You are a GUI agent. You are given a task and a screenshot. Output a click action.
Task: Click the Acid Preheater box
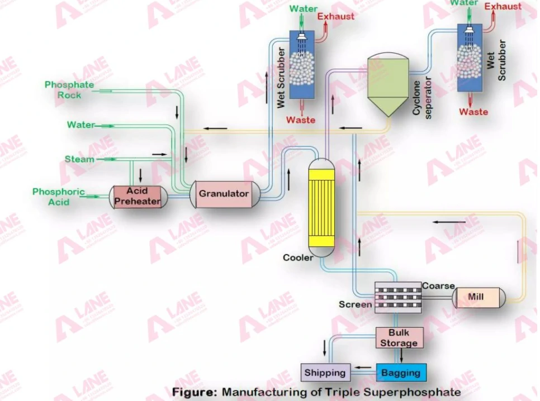tap(138, 197)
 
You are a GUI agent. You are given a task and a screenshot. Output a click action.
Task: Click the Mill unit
tap(478, 297)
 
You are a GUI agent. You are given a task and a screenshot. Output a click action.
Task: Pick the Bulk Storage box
tap(399, 338)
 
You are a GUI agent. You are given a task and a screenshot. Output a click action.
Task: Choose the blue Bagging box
tap(401, 373)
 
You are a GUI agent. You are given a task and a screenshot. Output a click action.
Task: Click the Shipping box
tap(325, 373)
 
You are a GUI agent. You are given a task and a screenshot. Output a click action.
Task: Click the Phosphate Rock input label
tap(69, 90)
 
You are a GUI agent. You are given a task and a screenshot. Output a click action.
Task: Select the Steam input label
tap(79, 159)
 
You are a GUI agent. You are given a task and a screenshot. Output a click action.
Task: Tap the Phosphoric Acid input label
tap(59, 197)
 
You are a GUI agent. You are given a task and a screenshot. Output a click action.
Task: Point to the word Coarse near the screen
tap(438, 286)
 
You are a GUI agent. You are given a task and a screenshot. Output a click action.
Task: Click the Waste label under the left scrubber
tap(301, 120)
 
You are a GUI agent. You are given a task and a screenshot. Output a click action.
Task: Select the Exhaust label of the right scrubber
tap(503, 6)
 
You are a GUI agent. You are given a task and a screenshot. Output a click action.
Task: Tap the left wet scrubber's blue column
tap(302, 64)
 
